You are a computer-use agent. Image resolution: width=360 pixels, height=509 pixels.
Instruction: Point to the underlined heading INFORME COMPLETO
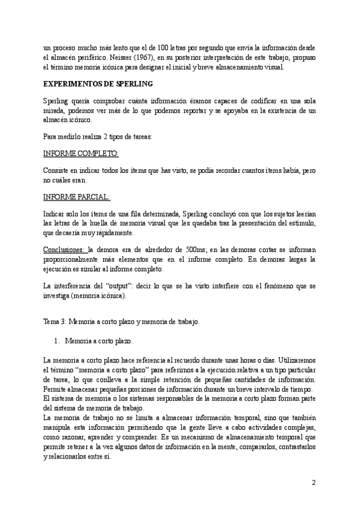(x=81, y=154)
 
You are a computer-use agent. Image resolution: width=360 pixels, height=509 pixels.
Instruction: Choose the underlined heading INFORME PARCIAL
(x=77, y=196)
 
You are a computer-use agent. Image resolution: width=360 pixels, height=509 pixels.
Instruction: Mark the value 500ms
(x=199, y=249)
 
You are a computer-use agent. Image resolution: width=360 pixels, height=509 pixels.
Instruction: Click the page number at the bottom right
(x=314, y=483)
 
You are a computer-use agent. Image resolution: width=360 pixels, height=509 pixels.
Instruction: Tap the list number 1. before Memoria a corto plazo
(x=57, y=341)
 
